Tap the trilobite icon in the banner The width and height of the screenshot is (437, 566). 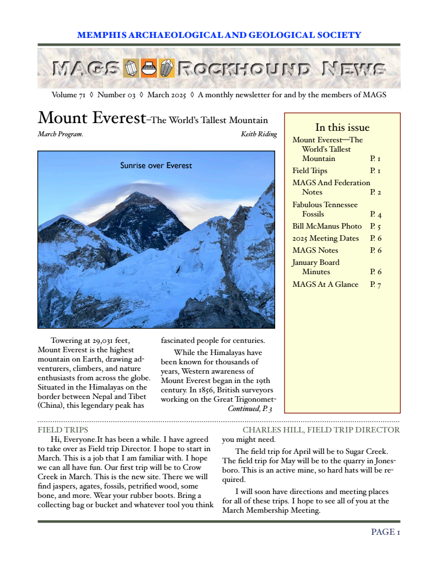(166, 68)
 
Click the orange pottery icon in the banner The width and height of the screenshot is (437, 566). (149, 68)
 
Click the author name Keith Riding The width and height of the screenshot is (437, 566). (259, 134)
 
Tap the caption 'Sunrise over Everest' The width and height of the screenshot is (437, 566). (156, 165)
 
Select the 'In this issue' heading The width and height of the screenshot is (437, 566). (342, 127)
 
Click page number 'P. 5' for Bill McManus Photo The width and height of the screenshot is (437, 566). (375, 226)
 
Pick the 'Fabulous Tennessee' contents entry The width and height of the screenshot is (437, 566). (325, 204)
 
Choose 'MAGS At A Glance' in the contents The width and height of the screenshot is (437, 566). (325, 284)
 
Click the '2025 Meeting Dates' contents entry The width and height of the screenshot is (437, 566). (325, 238)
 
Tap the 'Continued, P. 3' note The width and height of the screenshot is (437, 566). (249, 408)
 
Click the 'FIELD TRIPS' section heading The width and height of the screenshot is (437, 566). (63, 430)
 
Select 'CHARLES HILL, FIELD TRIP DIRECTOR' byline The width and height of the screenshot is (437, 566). (321, 430)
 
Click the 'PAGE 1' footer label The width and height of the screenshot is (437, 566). (385, 531)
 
